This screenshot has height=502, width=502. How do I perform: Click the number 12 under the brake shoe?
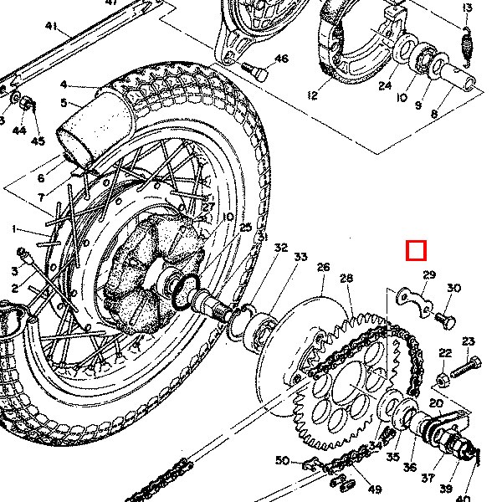pos(313,95)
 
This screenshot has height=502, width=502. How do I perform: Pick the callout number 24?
pos(385,85)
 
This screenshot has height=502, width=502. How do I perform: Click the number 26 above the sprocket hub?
pos(323,268)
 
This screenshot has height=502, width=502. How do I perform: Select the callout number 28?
pos(346,278)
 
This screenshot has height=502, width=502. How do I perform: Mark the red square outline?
pos(416,251)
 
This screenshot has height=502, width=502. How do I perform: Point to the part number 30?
pos(453,289)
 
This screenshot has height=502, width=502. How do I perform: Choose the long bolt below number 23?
pos(464,367)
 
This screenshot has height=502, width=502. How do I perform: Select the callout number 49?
pos(374,489)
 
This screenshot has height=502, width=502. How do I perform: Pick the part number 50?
pos(282,461)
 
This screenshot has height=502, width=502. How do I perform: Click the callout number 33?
pos(300,256)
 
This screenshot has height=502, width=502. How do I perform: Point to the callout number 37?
pos(428,478)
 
